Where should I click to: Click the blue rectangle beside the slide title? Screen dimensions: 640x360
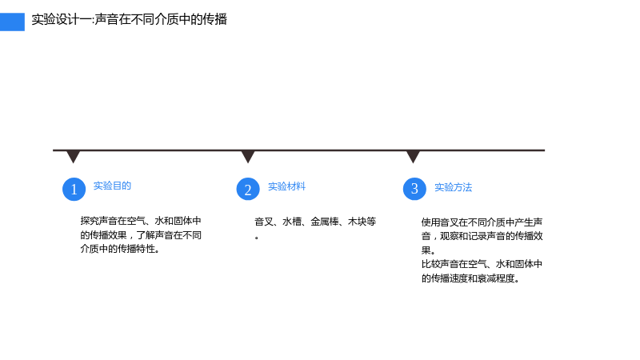click(12, 22)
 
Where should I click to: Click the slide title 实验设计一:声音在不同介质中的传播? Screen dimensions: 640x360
click(129, 19)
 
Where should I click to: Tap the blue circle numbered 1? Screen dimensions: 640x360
click(74, 189)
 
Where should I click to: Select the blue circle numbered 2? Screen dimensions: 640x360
click(248, 189)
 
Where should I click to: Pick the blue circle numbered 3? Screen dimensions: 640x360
click(414, 189)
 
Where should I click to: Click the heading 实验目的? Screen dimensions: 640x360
click(112, 186)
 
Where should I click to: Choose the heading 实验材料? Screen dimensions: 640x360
click(286, 186)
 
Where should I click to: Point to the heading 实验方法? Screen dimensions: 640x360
click(453, 187)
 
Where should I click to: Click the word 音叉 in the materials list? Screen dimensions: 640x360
click(264, 222)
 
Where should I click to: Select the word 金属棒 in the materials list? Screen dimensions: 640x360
click(325, 222)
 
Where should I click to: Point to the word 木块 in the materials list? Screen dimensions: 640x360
click(357, 222)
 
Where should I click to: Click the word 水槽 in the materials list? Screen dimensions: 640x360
click(292, 222)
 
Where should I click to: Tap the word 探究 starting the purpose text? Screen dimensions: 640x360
click(90, 221)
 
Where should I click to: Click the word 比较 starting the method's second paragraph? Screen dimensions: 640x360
click(430, 264)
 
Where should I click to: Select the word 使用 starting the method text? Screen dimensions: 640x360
click(430, 222)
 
